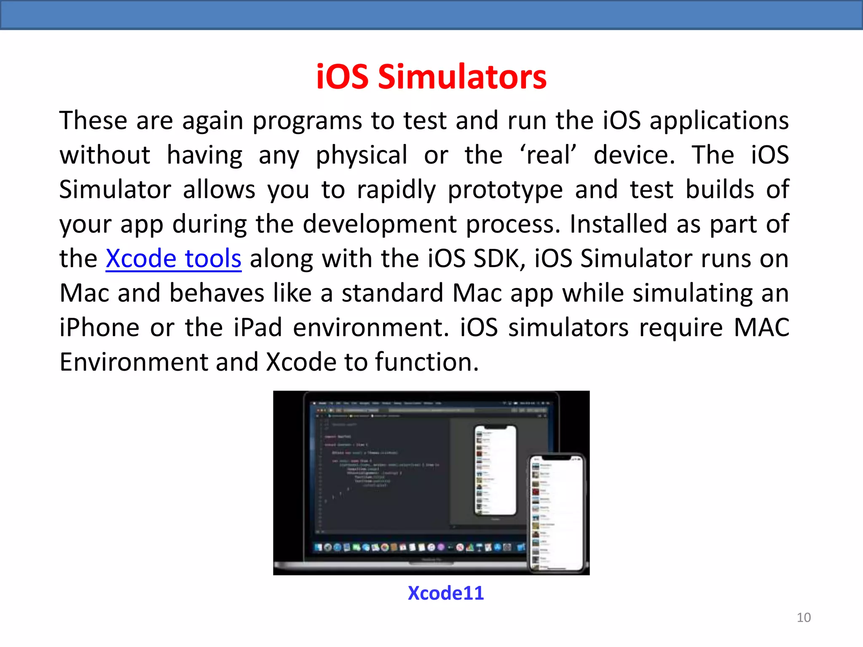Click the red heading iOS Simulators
(431, 77)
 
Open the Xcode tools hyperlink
(173, 258)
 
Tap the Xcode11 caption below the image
(446, 593)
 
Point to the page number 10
(804, 618)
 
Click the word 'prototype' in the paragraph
(505, 190)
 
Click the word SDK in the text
(499, 258)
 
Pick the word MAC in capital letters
(761, 327)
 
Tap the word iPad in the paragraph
(258, 327)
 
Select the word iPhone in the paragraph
(99, 327)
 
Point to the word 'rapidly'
(396, 190)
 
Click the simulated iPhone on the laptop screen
(495, 470)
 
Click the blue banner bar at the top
(431, 15)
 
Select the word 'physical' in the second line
(362, 155)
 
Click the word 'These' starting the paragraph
(93, 121)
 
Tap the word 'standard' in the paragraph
(392, 293)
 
